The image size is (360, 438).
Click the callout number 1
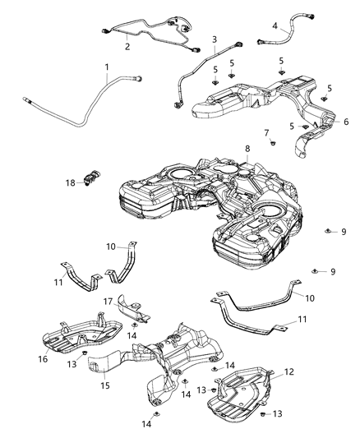106,67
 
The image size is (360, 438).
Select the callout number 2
127,47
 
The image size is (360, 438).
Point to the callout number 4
275,25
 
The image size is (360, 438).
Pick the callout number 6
345,122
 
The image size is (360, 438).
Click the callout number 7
265,131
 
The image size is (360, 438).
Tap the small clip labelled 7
270,144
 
